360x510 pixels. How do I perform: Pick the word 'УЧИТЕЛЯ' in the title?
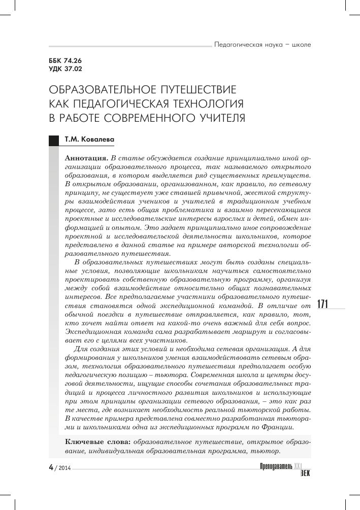(217, 118)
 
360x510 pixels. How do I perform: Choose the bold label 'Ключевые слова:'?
(99, 443)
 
